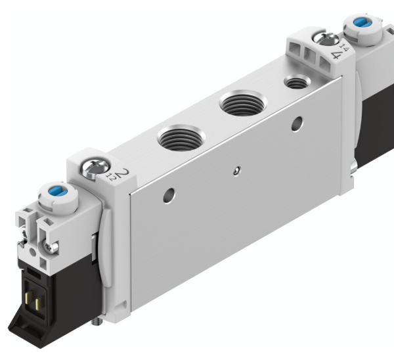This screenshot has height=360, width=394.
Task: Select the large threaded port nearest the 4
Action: pos(240,104)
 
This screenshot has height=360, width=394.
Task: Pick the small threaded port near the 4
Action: pos(294,83)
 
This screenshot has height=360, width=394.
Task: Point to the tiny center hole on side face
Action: pos(235,171)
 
